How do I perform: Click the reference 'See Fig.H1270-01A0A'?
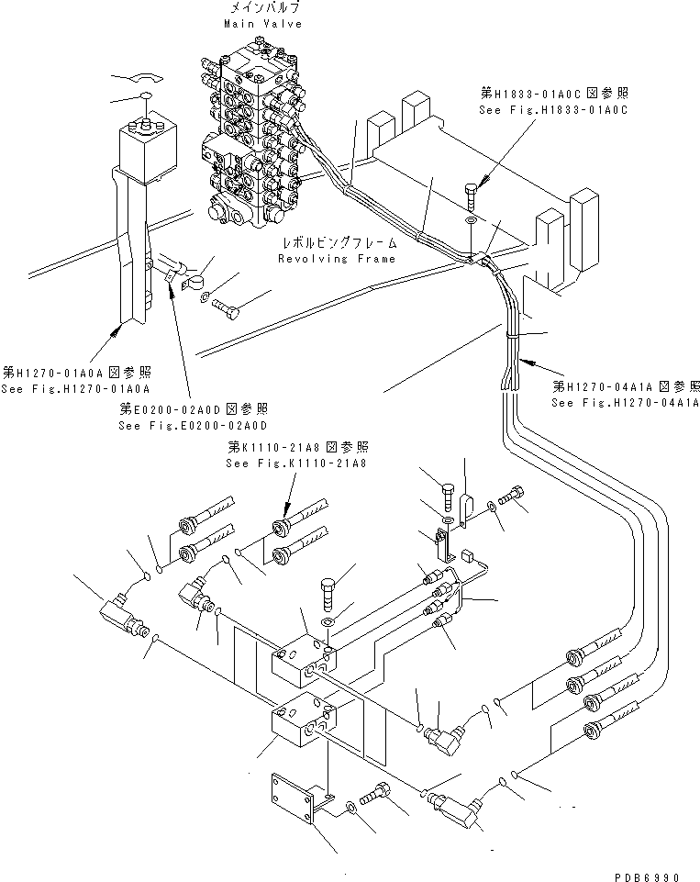click(x=77, y=388)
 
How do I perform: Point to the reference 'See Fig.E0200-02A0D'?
click(x=192, y=425)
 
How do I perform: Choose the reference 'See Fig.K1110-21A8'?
click(x=295, y=463)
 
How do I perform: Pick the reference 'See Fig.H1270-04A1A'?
click(x=626, y=402)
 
